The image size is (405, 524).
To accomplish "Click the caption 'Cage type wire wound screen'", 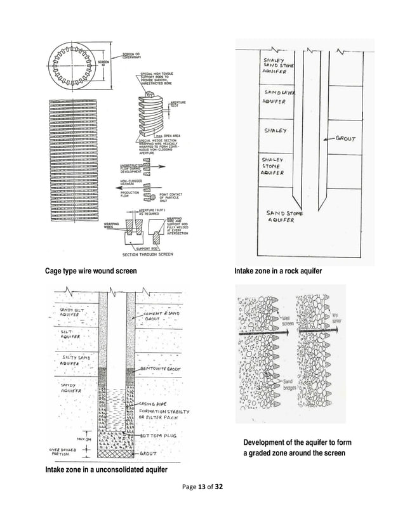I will [90, 272].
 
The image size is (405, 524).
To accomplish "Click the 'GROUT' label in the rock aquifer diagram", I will [344, 138].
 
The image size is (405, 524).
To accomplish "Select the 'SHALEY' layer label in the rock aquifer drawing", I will [275, 131].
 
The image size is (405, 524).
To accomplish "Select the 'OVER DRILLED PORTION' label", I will [62, 453].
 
